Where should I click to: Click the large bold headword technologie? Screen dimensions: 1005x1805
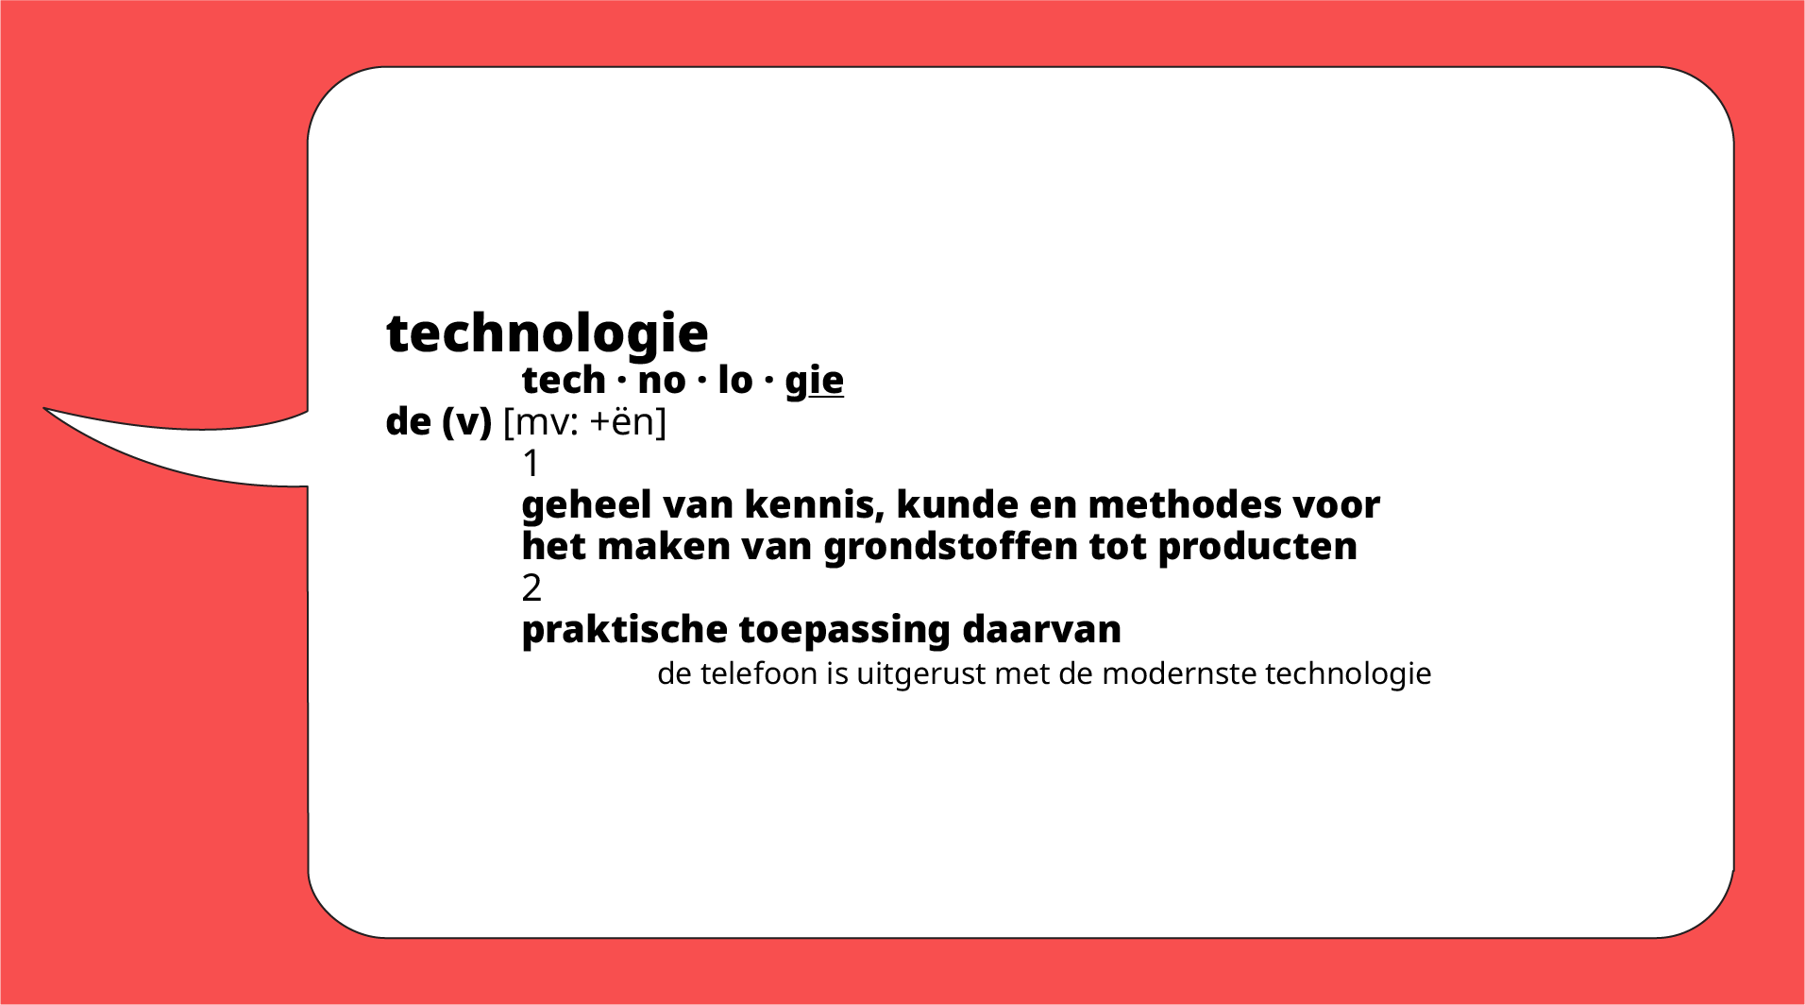click(x=547, y=333)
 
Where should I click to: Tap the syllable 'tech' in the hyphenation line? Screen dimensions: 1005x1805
click(x=564, y=381)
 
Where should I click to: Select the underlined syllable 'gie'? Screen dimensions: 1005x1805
click(x=814, y=381)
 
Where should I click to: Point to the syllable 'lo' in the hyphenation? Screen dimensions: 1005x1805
click(x=734, y=381)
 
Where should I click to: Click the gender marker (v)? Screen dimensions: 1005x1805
click(x=466, y=422)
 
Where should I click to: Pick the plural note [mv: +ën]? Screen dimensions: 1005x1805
click(x=584, y=422)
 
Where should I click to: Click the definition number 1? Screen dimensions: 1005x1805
click(x=531, y=464)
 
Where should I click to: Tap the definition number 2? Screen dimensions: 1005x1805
click(x=531, y=588)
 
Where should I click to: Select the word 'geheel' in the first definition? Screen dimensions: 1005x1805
click(x=586, y=505)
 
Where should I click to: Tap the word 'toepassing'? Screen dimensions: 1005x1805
click(x=844, y=630)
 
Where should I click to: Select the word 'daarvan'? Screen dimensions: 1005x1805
click(x=1041, y=630)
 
